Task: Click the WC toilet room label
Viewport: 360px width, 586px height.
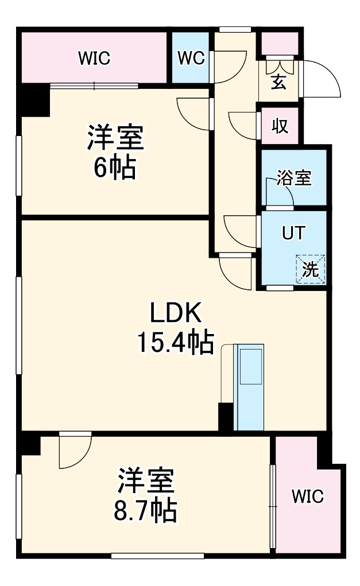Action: pos(191,58)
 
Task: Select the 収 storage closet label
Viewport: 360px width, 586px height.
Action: pos(280,126)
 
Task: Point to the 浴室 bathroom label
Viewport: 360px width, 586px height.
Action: pos(294,178)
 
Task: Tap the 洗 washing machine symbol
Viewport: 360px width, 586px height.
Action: pos(311,269)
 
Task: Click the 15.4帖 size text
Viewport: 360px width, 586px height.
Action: pos(175,342)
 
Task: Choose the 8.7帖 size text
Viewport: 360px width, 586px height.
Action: pos(146,510)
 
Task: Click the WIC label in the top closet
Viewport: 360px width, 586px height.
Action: pos(94,58)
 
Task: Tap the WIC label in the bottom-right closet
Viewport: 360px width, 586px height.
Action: pos(307,496)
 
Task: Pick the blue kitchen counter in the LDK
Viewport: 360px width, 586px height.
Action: pos(250,387)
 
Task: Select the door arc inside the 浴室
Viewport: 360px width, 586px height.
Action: pos(279,192)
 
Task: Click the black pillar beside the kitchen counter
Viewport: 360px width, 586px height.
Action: pos(226,417)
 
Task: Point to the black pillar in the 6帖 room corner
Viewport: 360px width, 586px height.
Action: pos(35,100)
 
